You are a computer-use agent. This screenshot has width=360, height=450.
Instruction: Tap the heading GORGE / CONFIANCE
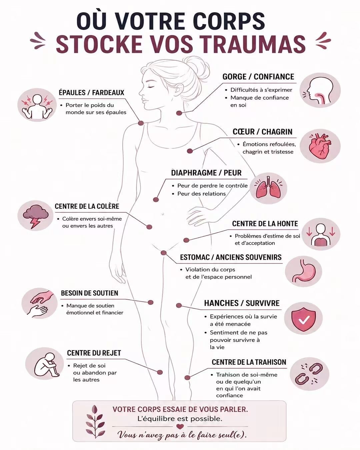tap(258, 77)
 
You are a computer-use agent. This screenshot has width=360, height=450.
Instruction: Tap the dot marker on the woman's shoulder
tap(141, 123)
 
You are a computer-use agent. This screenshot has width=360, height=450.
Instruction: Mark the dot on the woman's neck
tap(179, 113)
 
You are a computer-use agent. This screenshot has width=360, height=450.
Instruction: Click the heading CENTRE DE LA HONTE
tap(265, 224)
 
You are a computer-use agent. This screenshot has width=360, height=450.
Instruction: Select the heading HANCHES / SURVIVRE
tap(242, 303)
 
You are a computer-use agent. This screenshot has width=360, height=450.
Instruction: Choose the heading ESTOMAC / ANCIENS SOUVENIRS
tap(231, 257)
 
